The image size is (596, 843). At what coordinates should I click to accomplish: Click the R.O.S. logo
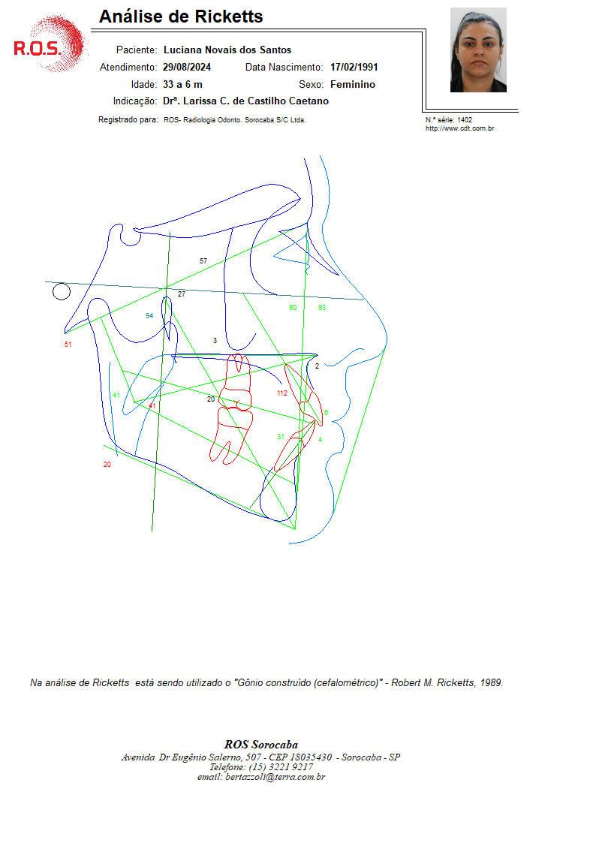(x=48, y=44)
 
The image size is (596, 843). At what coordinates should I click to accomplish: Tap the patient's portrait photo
(x=478, y=50)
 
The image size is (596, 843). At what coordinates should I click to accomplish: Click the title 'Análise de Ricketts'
(x=181, y=17)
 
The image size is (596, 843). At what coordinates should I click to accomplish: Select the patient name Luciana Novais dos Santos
(x=227, y=50)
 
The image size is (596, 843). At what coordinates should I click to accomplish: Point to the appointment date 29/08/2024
(x=187, y=68)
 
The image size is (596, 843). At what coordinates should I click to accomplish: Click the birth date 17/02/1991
(x=354, y=68)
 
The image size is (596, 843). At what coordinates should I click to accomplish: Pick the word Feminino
(x=353, y=84)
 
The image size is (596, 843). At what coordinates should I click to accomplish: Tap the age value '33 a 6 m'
(x=182, y=84)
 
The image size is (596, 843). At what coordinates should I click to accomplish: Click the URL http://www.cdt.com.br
(x=460, y=128)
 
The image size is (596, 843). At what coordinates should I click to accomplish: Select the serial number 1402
(x=465, y=120)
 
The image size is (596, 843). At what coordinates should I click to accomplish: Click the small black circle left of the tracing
(x=62, y=292)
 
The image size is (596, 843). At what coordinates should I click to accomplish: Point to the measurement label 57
(x=203, y=260)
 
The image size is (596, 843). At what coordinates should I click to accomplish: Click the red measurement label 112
(x=282, y=393)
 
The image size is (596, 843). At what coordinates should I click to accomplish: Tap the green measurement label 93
(x=322, y=308)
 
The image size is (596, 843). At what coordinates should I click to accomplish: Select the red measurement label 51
(x=68, y=344)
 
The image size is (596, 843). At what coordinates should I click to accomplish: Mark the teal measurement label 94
(x=149, y=315)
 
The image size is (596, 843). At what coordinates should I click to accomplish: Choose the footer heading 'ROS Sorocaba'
(x=261, y=745)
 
